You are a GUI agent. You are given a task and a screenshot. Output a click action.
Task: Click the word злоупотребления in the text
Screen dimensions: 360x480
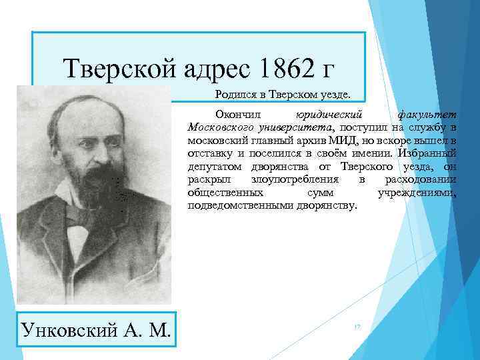[295, 180]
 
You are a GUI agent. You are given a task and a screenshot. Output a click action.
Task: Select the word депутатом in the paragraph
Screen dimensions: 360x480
[213, 167]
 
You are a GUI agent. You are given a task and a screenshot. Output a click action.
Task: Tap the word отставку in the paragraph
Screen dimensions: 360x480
[208, 154]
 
